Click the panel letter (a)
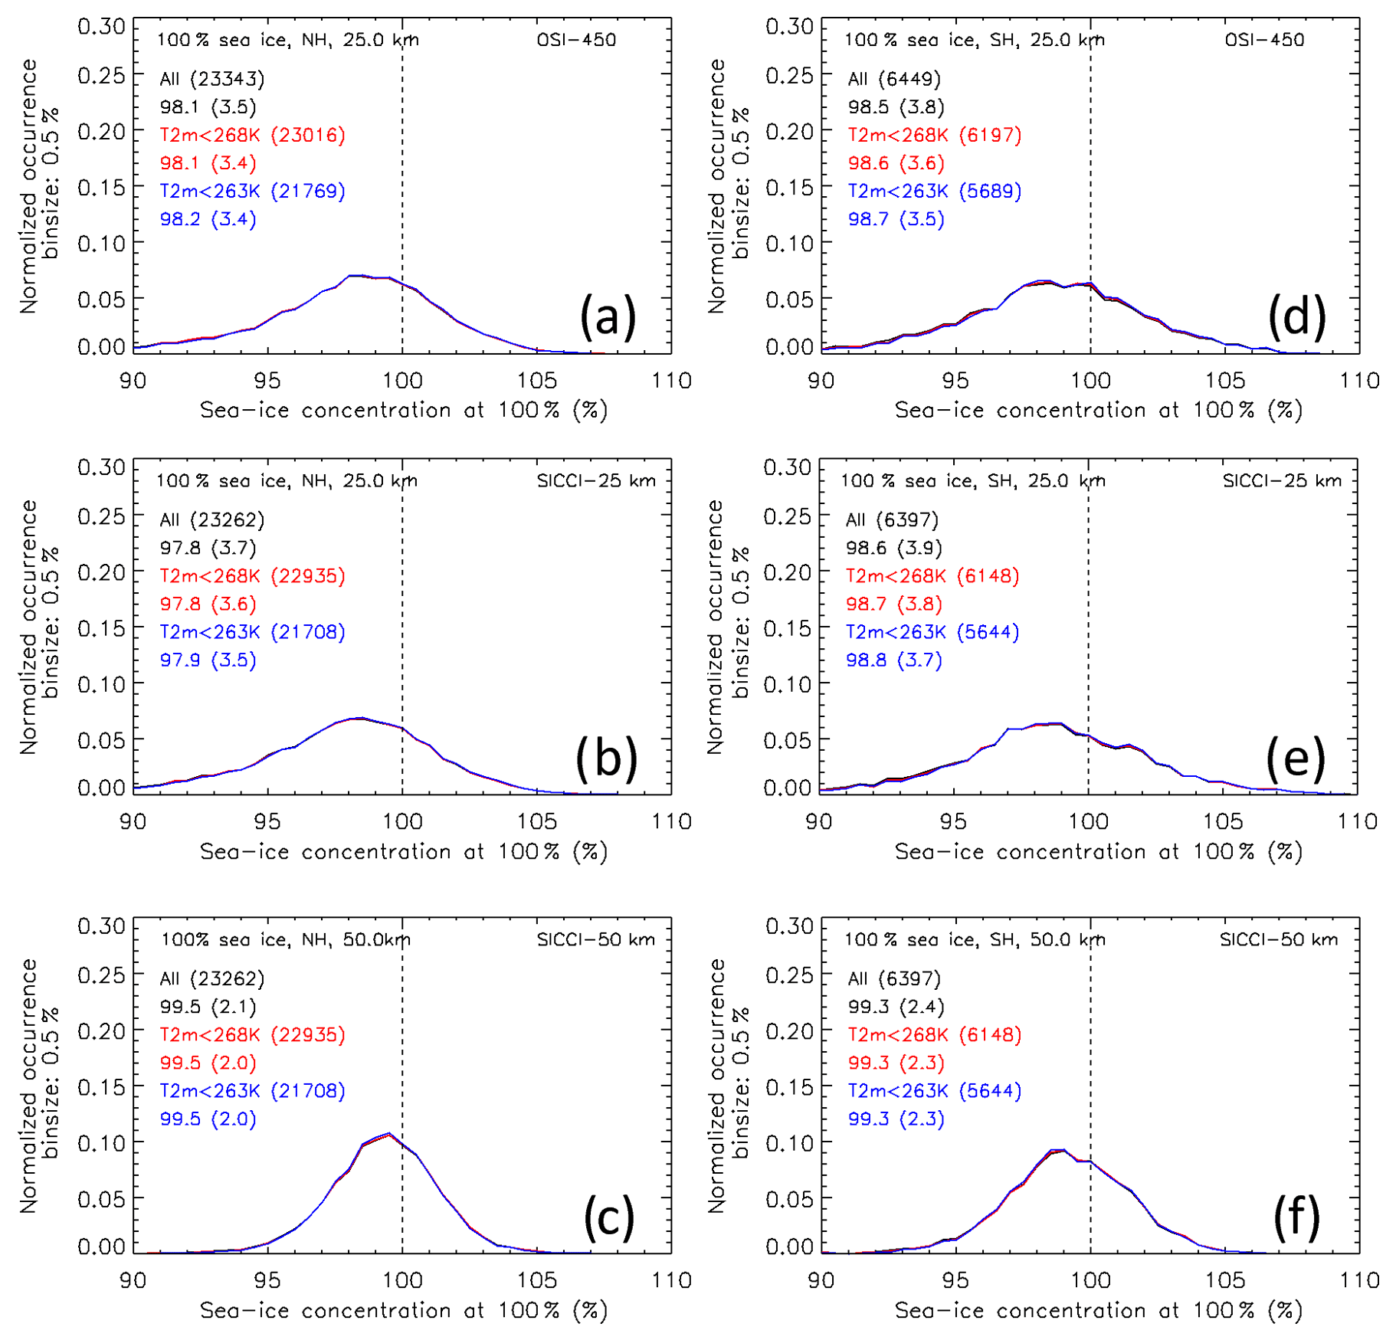click(608, 316)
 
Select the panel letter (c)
click(609, 1217)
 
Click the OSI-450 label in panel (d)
click(1264, 40)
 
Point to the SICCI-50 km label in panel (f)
click(1279, 940)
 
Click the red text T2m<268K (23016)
click(252, 136)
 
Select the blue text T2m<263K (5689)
click(934, 192)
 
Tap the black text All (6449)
click(893, 79)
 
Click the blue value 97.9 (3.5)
click(208, 660)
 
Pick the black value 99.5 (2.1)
click(208, 1007)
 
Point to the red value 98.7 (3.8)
click(893, 604)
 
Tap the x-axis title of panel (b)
click(403, 852)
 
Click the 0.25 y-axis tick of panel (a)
click(101, 75)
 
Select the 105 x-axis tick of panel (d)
click(1225, 382)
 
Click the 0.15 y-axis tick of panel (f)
click(789, 1087)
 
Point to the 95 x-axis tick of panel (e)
click(953, 822)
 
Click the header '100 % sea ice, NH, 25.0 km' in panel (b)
click(287, 481)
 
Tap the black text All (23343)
click(211, 79)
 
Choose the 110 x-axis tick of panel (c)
click(671, 1281)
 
